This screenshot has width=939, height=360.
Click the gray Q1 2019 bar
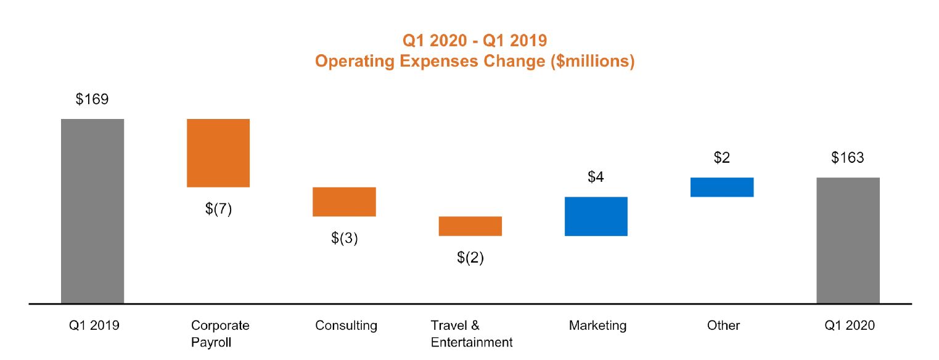92,211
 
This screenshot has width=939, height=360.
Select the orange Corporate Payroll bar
218,153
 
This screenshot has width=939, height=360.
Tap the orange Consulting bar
344,202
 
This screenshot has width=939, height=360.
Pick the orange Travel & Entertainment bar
470,226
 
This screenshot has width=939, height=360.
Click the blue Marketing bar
596,216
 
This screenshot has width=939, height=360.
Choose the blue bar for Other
722,187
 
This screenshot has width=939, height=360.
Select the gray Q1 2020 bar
848,240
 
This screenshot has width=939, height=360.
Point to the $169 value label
92,99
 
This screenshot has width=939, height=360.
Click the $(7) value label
218,209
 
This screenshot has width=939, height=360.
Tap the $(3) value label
344,239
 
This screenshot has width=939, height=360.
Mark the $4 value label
596,178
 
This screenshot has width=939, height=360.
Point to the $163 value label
848,158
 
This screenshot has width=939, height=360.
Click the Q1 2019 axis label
94,325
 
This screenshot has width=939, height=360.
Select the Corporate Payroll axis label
219,333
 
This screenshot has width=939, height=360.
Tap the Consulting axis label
346,325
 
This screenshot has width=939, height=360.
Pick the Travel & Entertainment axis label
472,333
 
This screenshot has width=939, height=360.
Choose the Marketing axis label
597,325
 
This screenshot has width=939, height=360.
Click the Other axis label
723,325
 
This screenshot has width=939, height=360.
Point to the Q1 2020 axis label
849,325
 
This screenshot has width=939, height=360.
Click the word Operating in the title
349,62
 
